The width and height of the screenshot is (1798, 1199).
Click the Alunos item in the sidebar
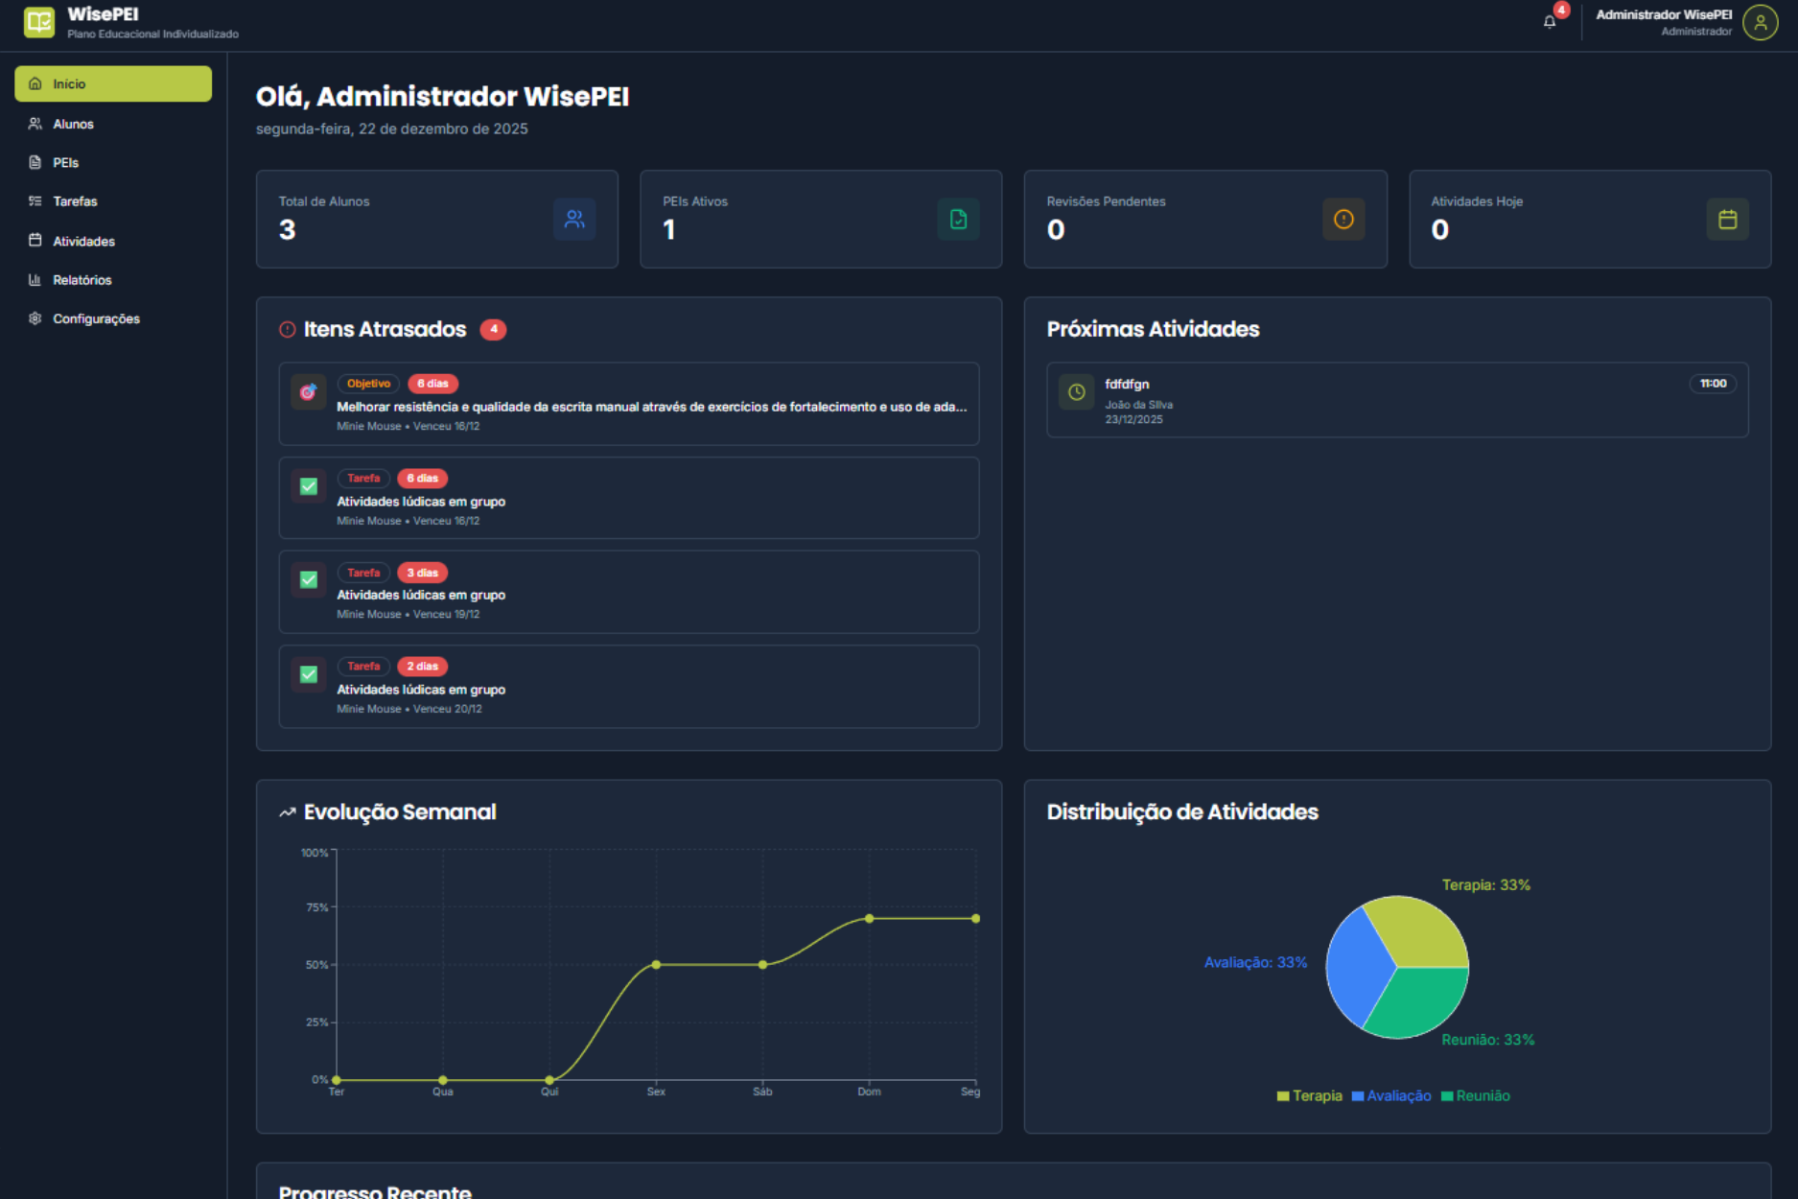coord(73,124)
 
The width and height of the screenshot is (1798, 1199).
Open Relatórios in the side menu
coord(82,280)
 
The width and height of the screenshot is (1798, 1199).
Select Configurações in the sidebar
coord(95,318)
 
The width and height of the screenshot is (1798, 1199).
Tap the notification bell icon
coord(1550,21)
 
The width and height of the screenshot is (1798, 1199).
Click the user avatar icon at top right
coord(1760,22)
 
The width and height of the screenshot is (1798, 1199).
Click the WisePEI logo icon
coord(39,21)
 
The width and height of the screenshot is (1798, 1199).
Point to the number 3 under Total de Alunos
coord(288,230)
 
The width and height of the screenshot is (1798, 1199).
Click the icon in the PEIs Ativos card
coord(958,220)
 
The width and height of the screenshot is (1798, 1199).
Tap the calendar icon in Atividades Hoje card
coord(1727,220)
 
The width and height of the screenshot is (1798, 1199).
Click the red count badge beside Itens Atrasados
coord(493,329)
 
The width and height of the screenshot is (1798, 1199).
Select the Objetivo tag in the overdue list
coord(368,384)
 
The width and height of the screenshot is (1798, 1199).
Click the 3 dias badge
coord(422,573)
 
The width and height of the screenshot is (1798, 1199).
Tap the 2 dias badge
coord(422,667)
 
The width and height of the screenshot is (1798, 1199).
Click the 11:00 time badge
coord(1713,384)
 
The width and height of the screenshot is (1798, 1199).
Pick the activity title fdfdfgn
coord(1127,385)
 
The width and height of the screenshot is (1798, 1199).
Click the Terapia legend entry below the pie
coord(1310,1096)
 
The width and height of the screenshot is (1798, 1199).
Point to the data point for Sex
coord(656,965)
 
